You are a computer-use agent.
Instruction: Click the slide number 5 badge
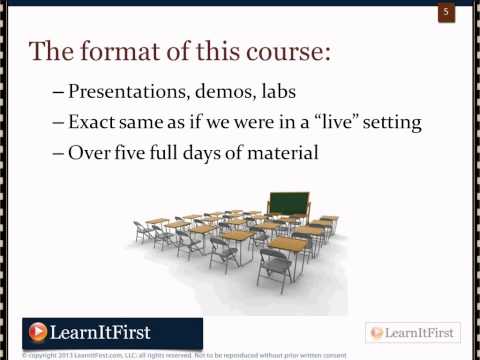pyautogui.click(x=446, y=13)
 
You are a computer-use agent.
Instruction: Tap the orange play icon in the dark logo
pyautogui.click(x=38, y=331)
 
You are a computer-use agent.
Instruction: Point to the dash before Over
pyautogui.click(x=57, y=155)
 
